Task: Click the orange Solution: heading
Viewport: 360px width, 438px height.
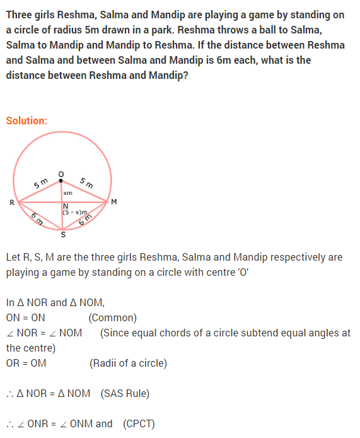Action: coord(26,121)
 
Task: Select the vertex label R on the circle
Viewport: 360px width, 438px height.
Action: coord(12,203)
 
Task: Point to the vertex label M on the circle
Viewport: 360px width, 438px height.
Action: coord(113,202)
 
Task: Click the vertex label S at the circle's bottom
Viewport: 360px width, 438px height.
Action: coord(62,235)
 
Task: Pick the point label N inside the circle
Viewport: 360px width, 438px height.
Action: coord(65,206)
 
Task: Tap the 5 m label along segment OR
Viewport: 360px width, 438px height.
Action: coord(40,184)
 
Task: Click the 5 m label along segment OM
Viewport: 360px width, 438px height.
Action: coord(86,183)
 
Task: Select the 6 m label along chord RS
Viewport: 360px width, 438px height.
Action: coord(37,220)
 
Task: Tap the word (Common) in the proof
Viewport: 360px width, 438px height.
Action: coord(113,317)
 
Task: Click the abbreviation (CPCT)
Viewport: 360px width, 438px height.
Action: coord(139,423)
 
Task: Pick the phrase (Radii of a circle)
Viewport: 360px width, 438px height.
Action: coord(129,363)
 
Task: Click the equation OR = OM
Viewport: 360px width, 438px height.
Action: coord(26,363)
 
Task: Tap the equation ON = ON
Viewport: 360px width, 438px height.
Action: coord(25,317)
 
